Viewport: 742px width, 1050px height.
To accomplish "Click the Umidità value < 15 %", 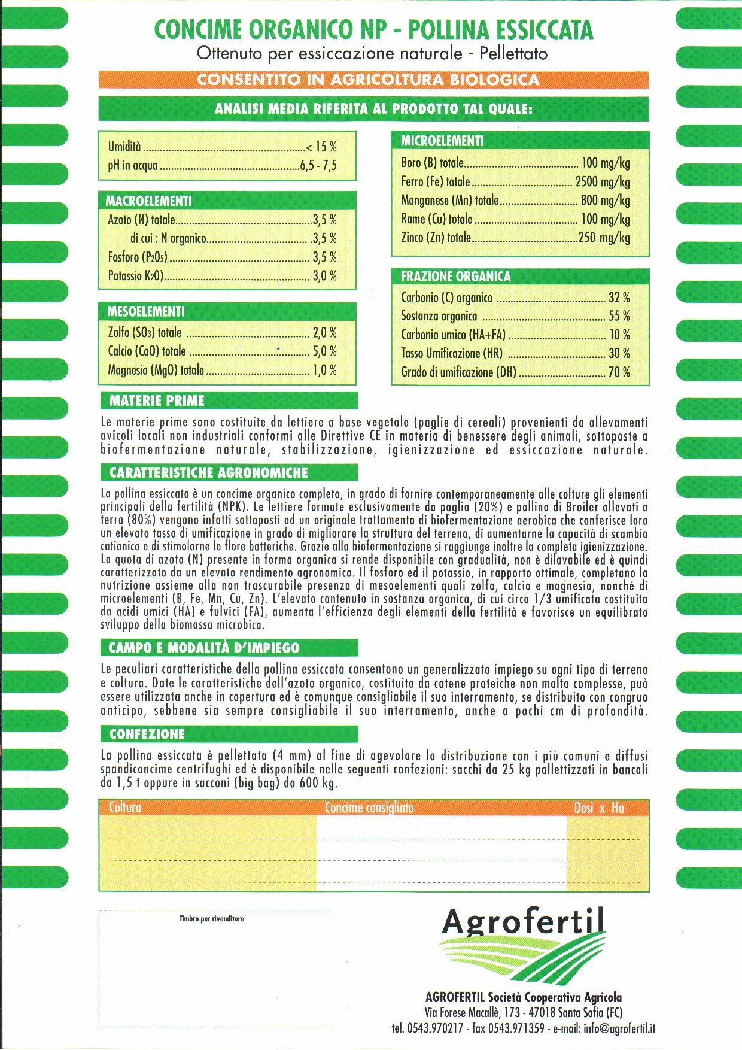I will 321,147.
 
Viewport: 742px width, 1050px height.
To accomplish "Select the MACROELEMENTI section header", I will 149,201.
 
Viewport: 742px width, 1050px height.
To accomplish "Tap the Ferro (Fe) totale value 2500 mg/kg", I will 602,181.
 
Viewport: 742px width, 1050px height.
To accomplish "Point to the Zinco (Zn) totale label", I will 436,238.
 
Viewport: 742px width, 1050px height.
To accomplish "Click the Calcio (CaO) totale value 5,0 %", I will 324,351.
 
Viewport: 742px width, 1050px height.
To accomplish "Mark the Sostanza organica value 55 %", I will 619,316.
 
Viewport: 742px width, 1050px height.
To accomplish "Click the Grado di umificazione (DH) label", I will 458,372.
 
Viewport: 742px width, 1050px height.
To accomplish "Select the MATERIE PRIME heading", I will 157,400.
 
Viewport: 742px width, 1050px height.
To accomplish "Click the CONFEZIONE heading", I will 147,734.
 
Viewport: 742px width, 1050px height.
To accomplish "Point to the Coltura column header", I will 125,808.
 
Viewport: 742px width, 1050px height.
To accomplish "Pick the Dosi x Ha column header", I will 599,808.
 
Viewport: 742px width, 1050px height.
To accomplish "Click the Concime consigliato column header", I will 369,808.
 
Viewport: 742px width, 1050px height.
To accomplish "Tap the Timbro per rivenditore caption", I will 211,919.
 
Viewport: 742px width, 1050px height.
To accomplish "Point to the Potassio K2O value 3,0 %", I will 324,276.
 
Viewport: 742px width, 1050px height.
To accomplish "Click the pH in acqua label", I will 133,166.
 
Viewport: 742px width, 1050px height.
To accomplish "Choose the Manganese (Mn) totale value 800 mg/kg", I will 605,201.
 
